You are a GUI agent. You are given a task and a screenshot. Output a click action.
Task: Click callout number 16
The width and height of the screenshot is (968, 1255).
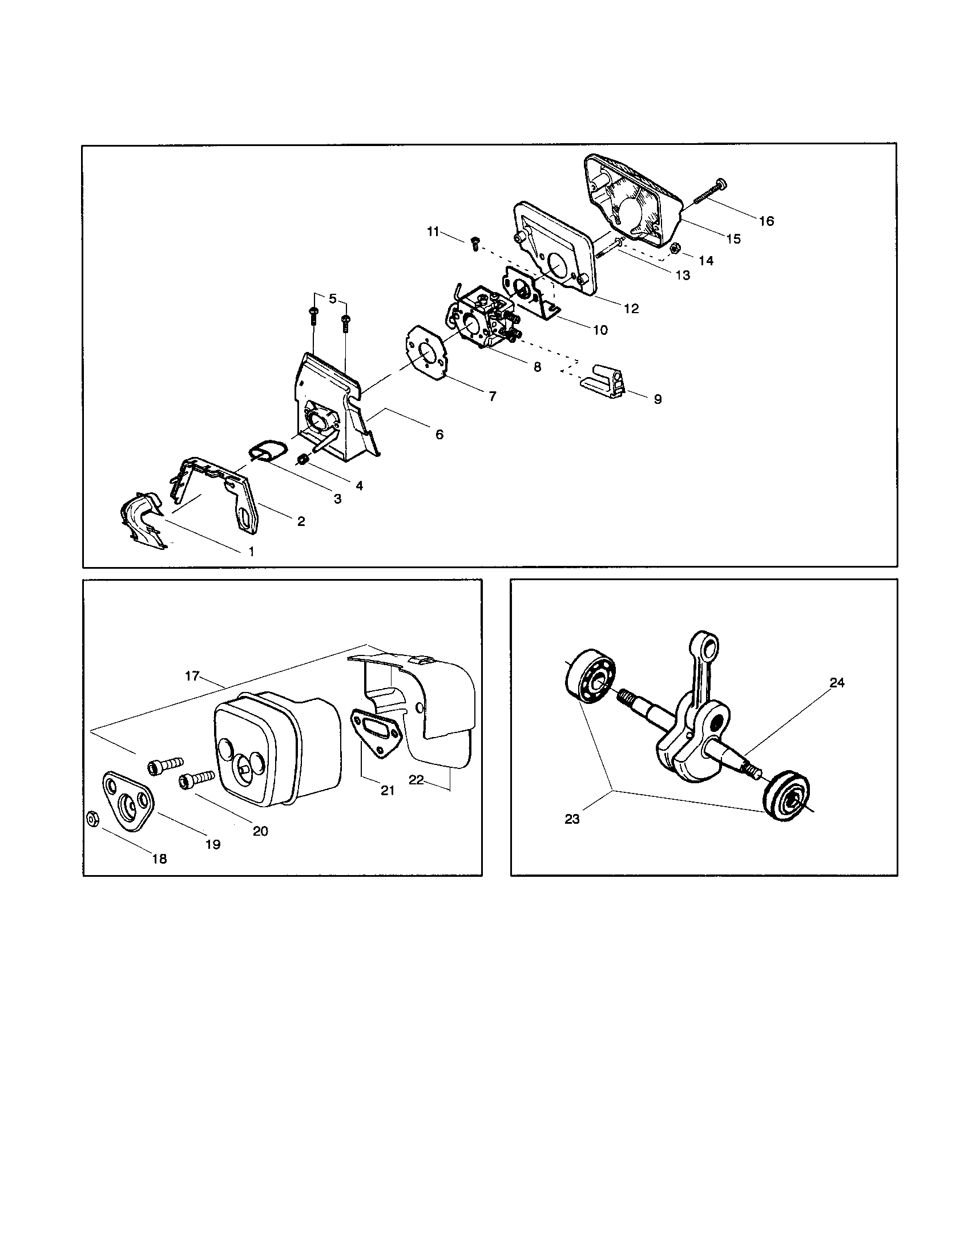point(766,221)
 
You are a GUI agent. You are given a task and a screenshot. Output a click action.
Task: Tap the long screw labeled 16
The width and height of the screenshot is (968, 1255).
point(708,192)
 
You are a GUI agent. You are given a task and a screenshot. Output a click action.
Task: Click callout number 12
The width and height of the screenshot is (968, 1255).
point(631,309)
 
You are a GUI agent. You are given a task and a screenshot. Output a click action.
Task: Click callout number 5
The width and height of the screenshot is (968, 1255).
point(333,299)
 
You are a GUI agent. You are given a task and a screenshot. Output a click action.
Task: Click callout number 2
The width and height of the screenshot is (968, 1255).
point(301,521)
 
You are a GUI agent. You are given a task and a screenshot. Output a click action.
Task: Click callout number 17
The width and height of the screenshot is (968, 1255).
point(191,676)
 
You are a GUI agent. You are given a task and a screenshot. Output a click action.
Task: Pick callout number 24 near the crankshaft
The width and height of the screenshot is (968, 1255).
point(837,683)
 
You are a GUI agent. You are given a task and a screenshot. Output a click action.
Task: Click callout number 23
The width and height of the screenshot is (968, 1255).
point(572,819)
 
